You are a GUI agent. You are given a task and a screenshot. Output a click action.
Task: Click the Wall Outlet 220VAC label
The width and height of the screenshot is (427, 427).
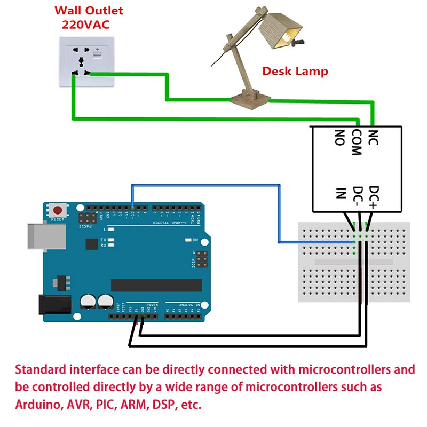[89, 18]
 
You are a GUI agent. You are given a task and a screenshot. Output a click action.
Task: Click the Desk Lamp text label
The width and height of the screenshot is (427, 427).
[295, 72]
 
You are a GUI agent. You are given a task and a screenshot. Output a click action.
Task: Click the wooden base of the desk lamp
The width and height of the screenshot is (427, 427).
[250, 98]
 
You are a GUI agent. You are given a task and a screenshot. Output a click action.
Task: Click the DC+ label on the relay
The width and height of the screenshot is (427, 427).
[374, 196]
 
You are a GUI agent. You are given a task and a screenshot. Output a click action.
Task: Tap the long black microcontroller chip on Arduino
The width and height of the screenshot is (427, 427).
[156, 286]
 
